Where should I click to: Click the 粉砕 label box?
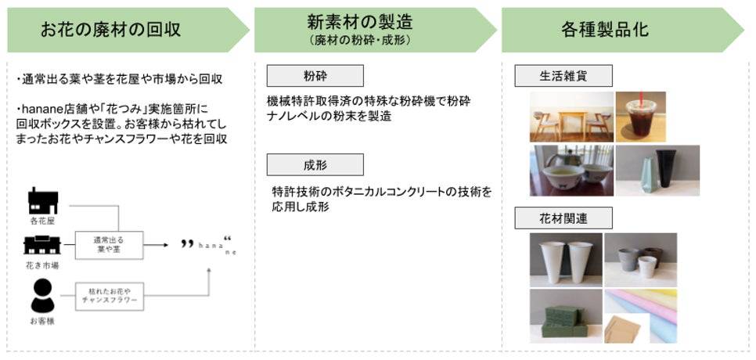[315, 76]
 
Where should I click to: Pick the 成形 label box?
[315, 165]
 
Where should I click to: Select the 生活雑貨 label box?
[563, 76]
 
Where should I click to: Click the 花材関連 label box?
[563, 218]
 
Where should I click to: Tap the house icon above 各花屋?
[43, 200]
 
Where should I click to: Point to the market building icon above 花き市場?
[44, 245]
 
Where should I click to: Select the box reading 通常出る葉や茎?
[110, 245]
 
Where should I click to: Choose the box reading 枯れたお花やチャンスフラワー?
[110, 295]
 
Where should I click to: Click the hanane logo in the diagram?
[208, 245]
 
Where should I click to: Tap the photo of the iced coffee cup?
[639, 116]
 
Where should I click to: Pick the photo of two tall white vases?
[565, 258]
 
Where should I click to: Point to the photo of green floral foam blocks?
[565, 315]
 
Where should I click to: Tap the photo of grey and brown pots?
[640, 258]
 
